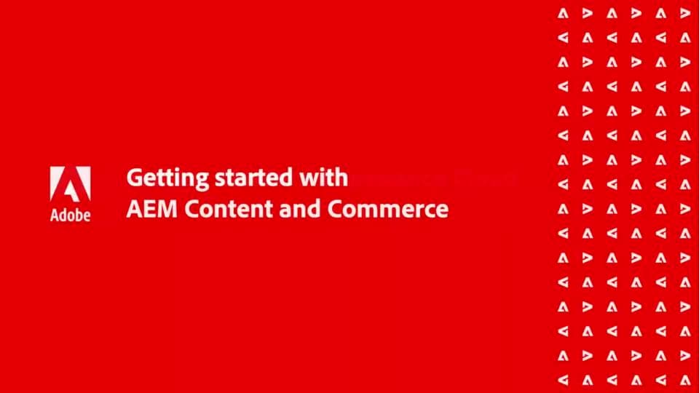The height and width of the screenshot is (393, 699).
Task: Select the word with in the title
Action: point(323,178)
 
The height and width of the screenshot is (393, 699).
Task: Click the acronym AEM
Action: point(151,210)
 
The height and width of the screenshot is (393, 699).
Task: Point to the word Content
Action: point(225,210)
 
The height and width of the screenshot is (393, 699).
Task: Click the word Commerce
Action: point(387,210)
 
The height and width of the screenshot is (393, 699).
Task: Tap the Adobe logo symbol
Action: point(71,184)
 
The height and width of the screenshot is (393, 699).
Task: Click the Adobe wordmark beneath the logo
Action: point(71,216)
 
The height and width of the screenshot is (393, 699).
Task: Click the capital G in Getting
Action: point(133,178)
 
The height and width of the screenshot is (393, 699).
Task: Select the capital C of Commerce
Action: point(333,210)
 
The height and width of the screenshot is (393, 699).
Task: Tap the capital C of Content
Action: point(191,210)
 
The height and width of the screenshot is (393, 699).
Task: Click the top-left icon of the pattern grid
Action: point(562,12)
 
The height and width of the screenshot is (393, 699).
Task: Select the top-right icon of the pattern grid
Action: point(684,12)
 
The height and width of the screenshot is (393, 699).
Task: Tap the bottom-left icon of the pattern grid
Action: point(562,380)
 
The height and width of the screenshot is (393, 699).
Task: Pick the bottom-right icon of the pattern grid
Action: point(684,380)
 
